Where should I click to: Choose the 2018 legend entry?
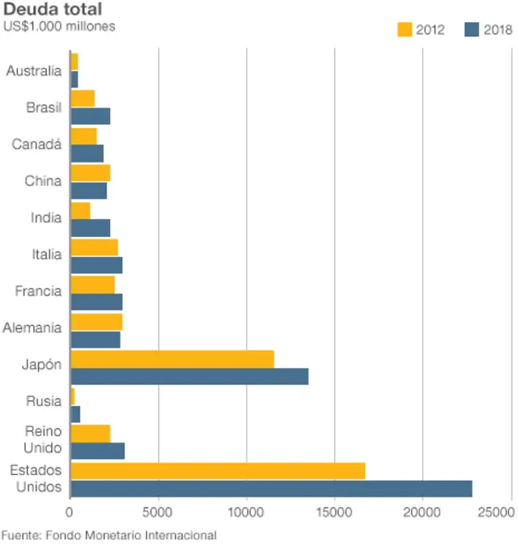pyautogui.click(x=488, y=30)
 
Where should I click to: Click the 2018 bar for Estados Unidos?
pyautogui.click(x=271, y=488)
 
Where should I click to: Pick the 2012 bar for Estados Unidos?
pyautogui.click(x=218, y=471)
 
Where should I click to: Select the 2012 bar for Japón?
pyautogui.click(x=172, y=359)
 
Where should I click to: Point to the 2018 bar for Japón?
pyautogui.click(x=189, y=377)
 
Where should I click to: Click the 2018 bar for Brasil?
pyautogui.click(x=91, y=116)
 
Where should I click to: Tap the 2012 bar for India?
pyautogui.click(x=80, y=210)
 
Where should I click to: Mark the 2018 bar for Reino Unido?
pyautogui.click(x=98, y=451)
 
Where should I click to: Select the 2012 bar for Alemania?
pyautogui.click(x=96, y=322)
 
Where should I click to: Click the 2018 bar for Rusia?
pyautogui.click(x=75, y=414)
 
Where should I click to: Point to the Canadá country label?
pyautogui.click(x=36, y=144)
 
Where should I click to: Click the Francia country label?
pyautogui.click(x=38, y=291)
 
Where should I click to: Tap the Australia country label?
pyautogui.click(x=33, y=71)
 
